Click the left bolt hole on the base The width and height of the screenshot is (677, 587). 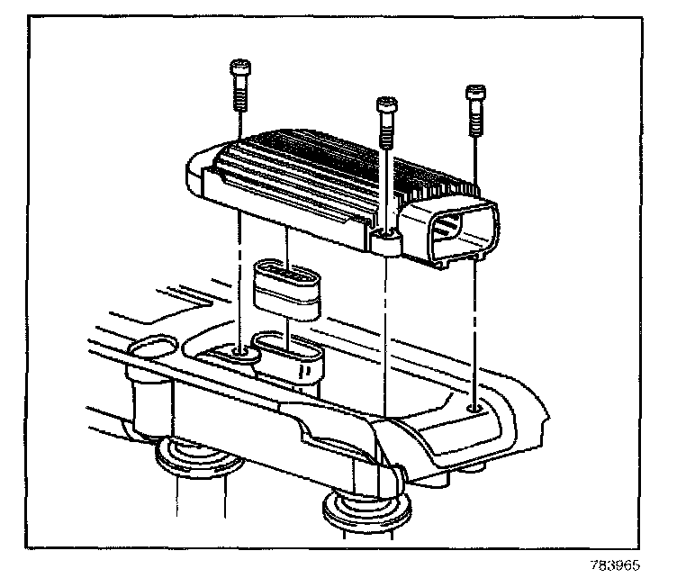tap(239, 352)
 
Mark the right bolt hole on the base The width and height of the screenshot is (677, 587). tap(474, 410)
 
